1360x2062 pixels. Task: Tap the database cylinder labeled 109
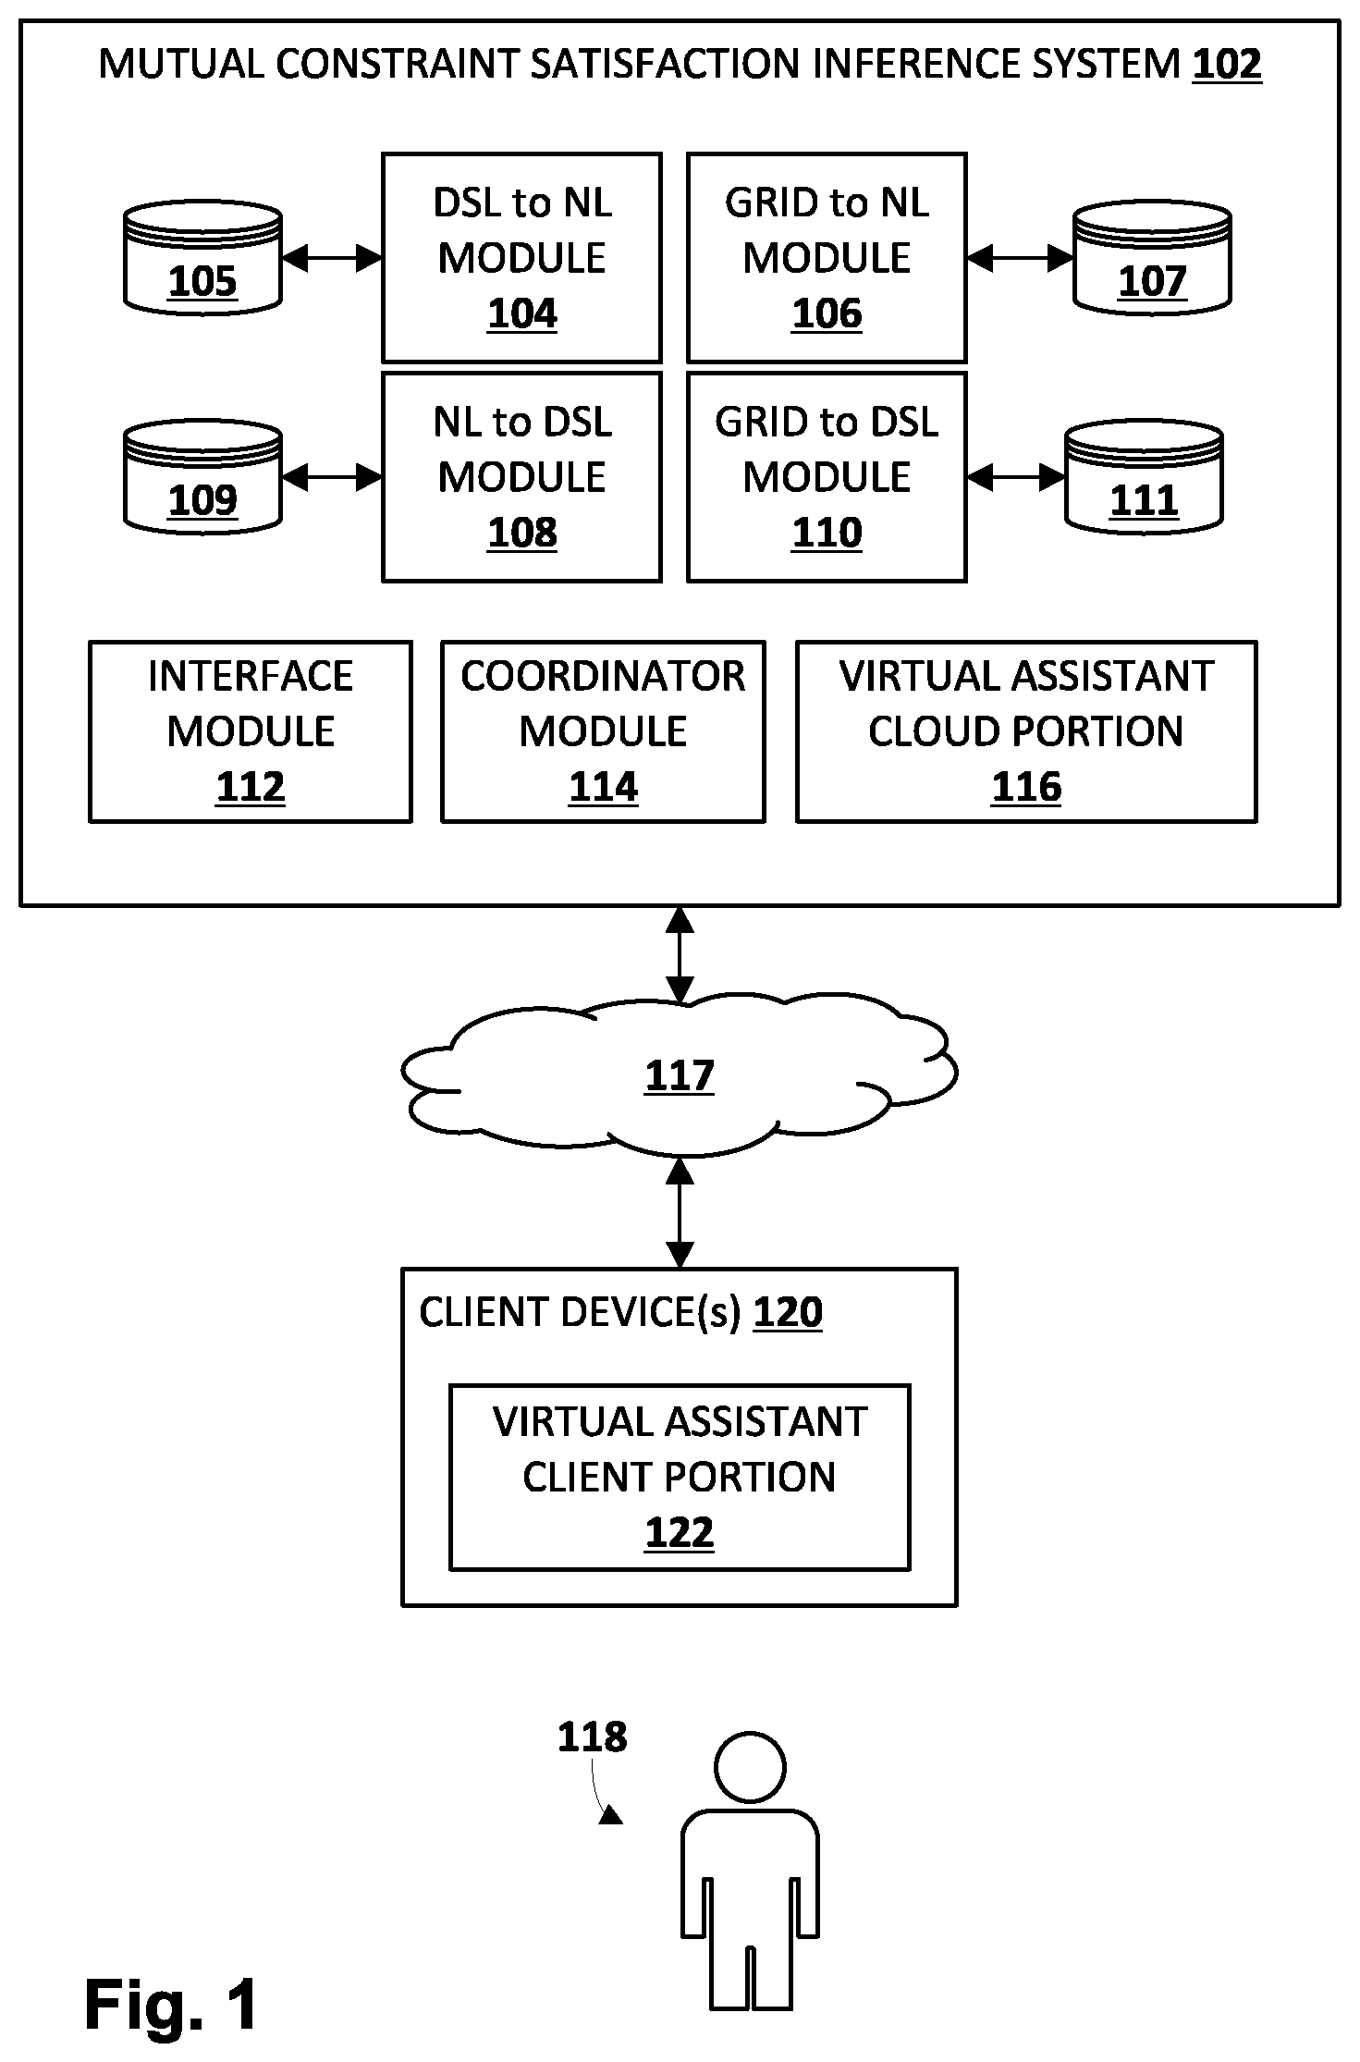click(202, 478)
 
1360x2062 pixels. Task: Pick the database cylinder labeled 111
click(1145, 478)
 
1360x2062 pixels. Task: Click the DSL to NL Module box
click(522, 258)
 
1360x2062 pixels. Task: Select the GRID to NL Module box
click(827, 258)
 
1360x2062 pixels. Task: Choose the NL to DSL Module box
click(522, 477)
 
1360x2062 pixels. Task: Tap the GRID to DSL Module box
click(827, 477)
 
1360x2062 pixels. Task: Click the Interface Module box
click(251, 731)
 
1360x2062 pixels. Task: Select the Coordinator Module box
click(603, 731)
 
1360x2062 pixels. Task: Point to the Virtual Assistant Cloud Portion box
click(1026, 731)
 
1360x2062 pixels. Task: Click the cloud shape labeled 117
click(680, 1074)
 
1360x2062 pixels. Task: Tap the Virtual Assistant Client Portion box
click(680, 1477)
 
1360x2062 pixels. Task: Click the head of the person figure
click(750, 1767)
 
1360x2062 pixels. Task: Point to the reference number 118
click(593, 1737)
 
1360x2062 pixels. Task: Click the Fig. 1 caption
click(172, 2005)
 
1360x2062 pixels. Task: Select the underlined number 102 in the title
click(1227, 65)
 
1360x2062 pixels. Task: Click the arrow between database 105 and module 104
click(332, 259)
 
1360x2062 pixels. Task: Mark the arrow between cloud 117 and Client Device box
click(680, 1212)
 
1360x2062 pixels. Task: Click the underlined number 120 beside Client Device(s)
click(788, 1312)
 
